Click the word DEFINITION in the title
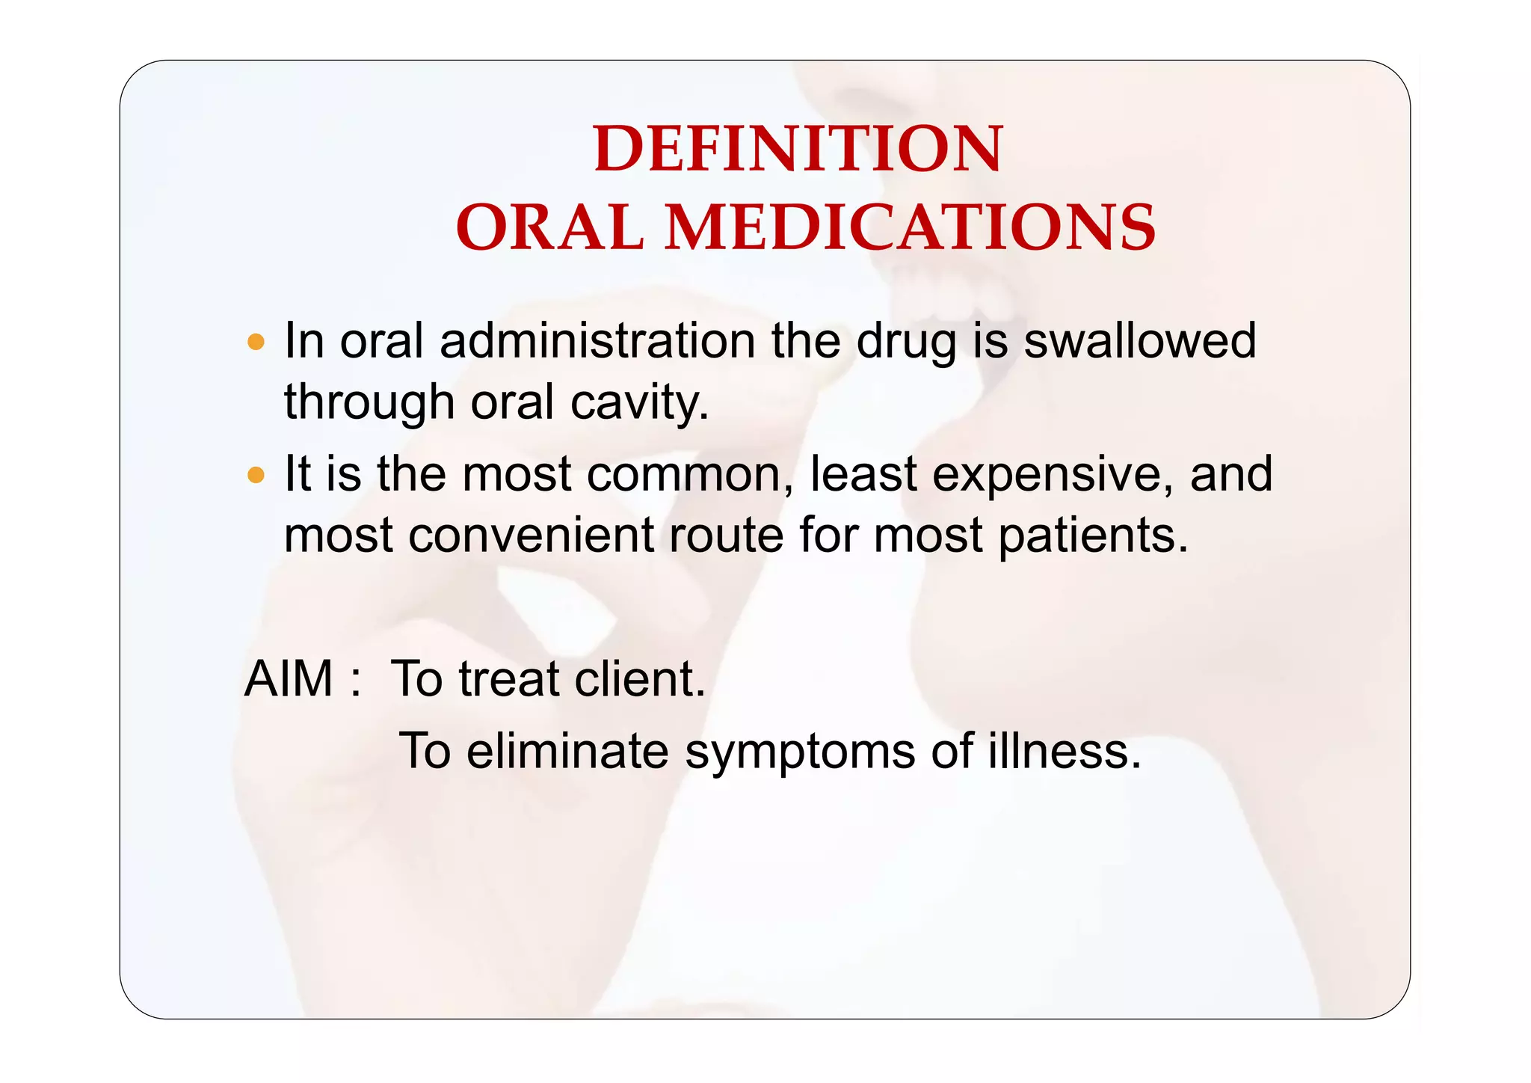click(x=798, y=150)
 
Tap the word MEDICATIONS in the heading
click(x=910, y=227)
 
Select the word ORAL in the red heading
click(x=549, y=227)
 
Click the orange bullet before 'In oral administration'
click(x=256, y=343)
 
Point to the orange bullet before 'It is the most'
click(x=256, y=475)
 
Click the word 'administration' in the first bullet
click(x=597, y=342)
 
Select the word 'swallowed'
click(x=1139, y=342)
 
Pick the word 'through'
click(x=369, y=404)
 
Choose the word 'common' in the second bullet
click(x=688, y=475)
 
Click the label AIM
click(x=289, y=679)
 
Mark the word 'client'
click(x=639, y=679)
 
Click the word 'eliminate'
click(x=567, y=751)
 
